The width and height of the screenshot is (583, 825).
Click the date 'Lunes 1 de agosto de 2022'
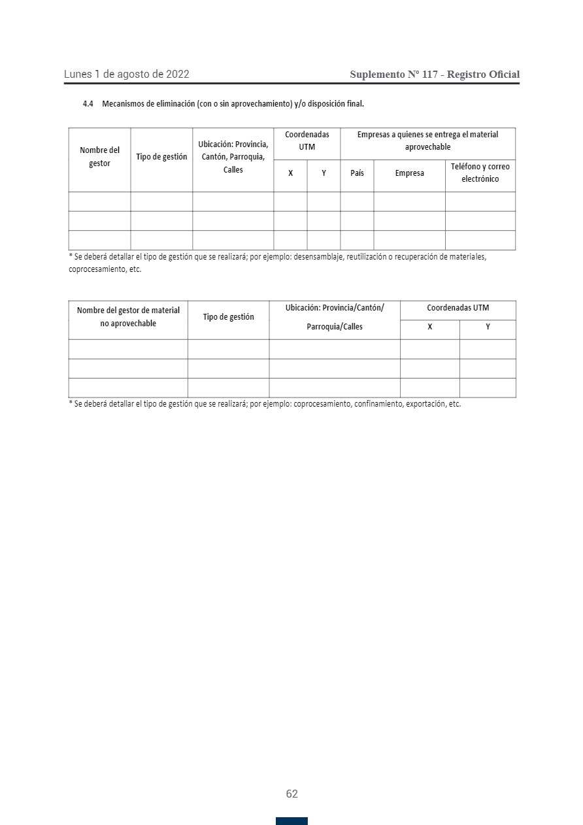coord(126,75)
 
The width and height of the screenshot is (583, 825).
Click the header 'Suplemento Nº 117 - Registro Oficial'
coord(435,75)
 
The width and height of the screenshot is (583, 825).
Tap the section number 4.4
coord(88,104)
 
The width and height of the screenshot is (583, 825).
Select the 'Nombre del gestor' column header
coord(99,157)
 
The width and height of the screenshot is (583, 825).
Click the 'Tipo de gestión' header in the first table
coord(161,157)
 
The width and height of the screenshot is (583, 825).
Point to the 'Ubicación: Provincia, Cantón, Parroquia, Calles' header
coord(233,157)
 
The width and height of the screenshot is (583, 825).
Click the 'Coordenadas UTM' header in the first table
coord(307,141)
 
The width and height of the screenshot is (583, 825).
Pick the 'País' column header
coord(357,173)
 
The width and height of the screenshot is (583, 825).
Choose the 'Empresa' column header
coord(409,173)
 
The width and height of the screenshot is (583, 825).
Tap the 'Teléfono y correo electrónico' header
coord(480,173)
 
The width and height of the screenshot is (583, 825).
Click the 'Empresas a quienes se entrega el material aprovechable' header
coord(427,141)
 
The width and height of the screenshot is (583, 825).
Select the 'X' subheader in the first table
coord(290,173)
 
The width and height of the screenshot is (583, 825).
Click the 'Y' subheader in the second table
coord(488,327)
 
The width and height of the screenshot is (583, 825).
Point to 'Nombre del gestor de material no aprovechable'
coord(128,317)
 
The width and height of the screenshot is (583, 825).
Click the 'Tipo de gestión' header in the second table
coord(228,317)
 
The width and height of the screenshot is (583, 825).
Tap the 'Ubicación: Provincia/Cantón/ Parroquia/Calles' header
coord(334,317)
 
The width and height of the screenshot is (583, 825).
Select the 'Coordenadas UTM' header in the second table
coord(458,308)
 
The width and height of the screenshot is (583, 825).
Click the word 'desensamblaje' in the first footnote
coord(316,257)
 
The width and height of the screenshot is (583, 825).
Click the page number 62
coord(291,794)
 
